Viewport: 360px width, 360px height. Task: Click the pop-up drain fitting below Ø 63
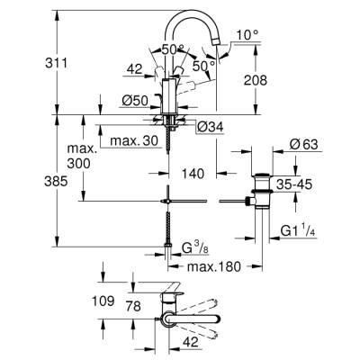262,193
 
